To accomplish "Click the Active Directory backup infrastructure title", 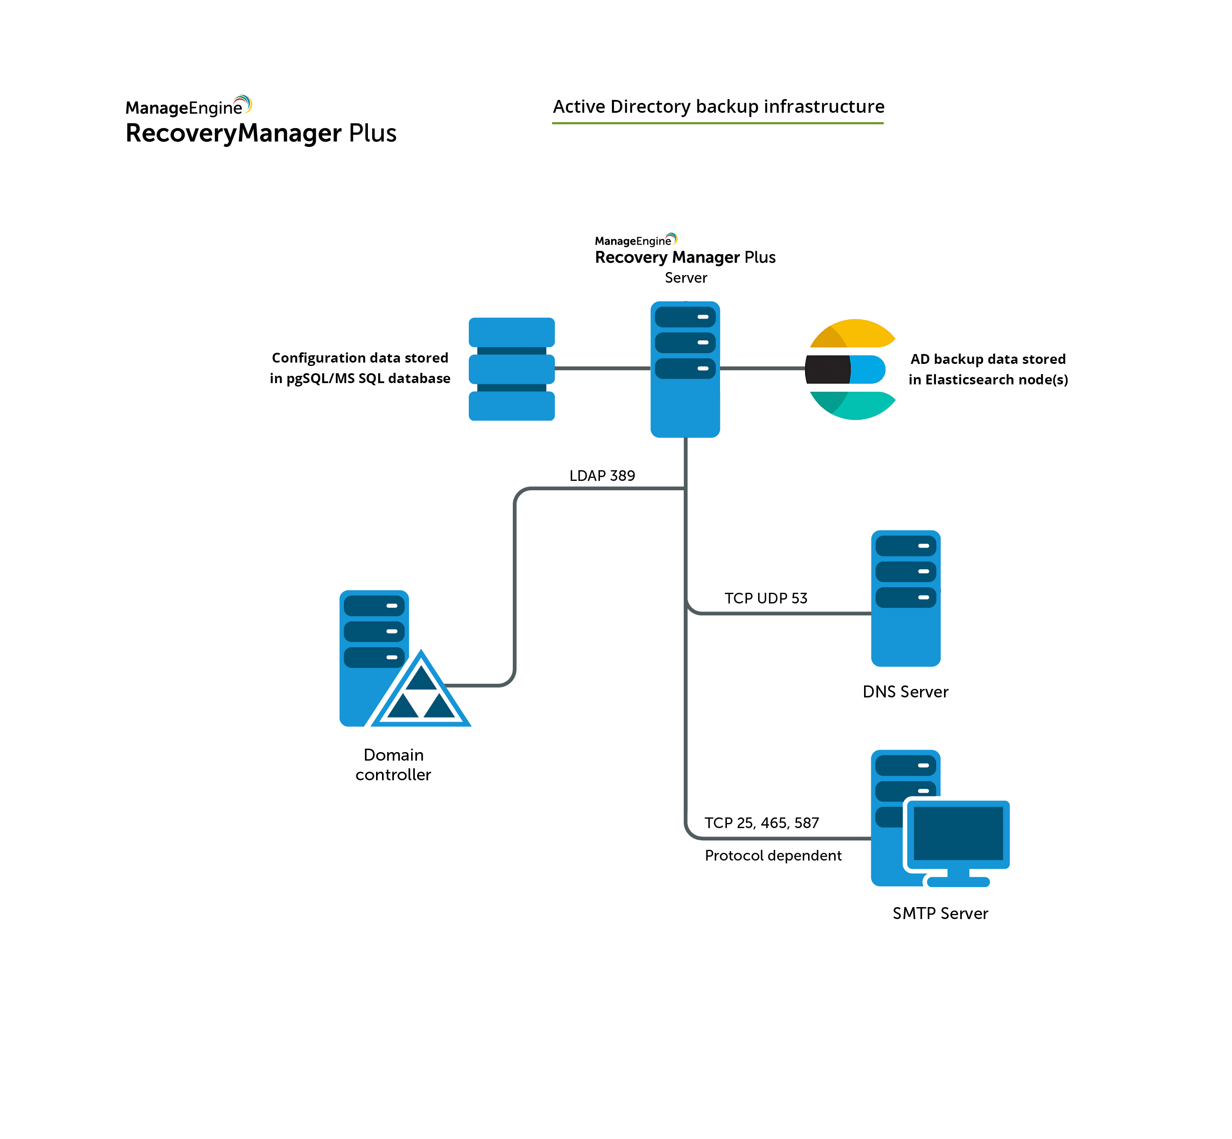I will pos(718,107).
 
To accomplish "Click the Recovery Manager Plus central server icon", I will pos(685,369).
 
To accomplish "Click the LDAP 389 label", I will pos(602,475).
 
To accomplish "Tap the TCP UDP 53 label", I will pos(765,598).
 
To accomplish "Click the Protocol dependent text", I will pos(773,855).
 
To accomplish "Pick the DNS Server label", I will pos(905,691).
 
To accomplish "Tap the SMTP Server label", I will pos(940,913).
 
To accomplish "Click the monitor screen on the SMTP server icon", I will pos(958,833).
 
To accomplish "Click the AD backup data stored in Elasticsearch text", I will pos(988,369).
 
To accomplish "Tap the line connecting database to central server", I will pos(602,369).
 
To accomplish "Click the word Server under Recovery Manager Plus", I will pos(686,278).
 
